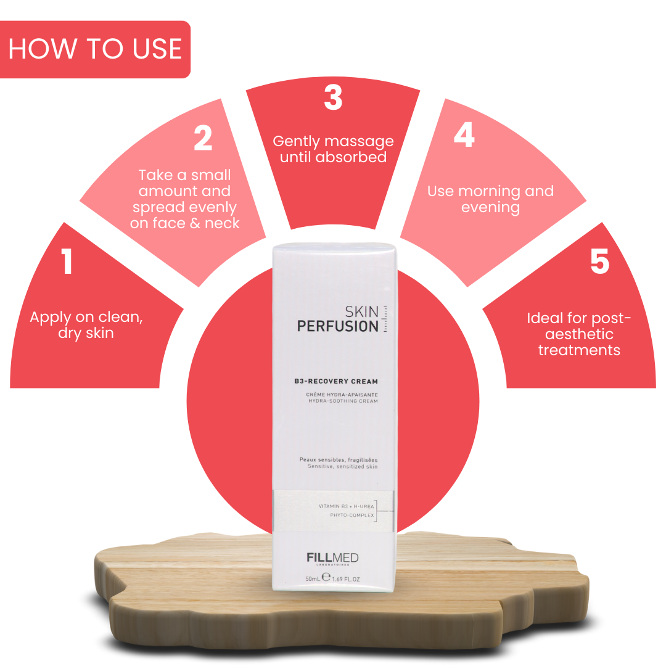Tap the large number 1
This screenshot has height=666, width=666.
tap(67, 261)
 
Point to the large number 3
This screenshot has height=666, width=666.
tap(333, 97)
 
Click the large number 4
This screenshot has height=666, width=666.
tap(464, 134)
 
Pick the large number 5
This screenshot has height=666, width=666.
tap(599, 261)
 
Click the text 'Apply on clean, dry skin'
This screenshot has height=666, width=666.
tap(86, 326)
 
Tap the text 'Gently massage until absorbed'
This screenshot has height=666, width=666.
tap(333, 149)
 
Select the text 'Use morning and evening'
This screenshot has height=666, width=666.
tap(490, 199)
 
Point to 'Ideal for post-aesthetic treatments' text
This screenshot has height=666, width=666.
tap(579, 334)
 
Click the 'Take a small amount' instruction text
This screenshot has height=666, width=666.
tap(185, 199)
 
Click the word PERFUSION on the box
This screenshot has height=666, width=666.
tap(337, 326)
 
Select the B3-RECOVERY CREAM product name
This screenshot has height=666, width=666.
tap(336, 382)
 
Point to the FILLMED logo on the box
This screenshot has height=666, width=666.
tap(332, 557)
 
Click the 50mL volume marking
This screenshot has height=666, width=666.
tap(313, 579)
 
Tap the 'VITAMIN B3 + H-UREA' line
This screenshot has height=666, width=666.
tap(346, 506)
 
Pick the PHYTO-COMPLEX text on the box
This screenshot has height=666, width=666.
tap(351, 515)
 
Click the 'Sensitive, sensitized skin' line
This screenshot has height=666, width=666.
tap(342, 467)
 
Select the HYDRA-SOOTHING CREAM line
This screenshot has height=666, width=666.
tap(343, 401)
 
